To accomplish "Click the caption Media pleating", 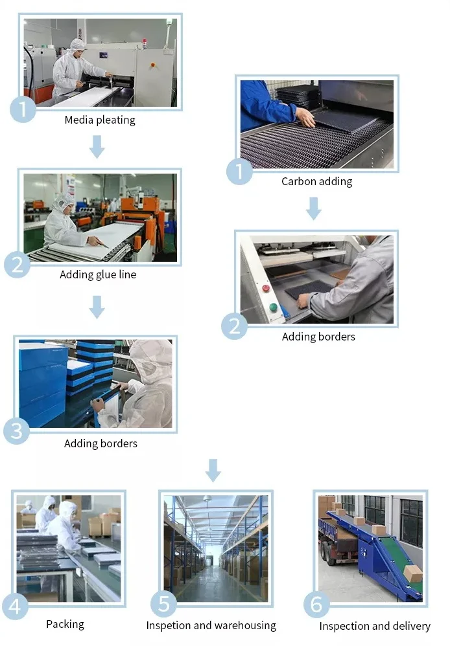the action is [x=100, y=120].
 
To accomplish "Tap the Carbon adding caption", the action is [x=316, y=181].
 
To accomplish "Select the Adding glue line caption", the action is [x=98, y=274].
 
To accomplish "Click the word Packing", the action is [x=65, y=624].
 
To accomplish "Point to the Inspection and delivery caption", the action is [x=374, y=626].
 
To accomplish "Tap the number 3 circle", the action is [x=16, y=431].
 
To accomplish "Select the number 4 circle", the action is [x=16, y=607].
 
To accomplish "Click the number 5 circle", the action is [x=163, y=605].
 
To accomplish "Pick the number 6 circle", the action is [x=316, y=605].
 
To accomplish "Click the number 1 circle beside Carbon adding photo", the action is [x=239, y=173].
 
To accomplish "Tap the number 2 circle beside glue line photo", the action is [x=17, y=265].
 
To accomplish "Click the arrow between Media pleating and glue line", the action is [x=97, y=146].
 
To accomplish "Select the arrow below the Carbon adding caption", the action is [x=314, y=208].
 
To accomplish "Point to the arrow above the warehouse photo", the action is [x=212, y=470].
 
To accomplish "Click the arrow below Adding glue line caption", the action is [x=97, y=306].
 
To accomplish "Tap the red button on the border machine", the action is [x=266, y=288].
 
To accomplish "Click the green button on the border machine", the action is [x=273, y=307].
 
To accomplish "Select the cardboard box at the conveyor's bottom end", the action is [x=412, y=574].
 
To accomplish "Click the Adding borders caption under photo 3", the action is [x=101, y=443].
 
